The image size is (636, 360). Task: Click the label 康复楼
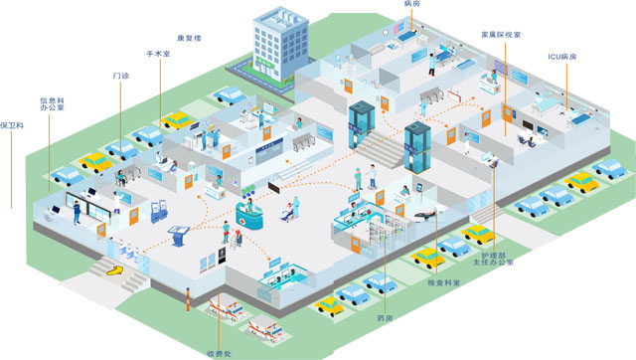[189, 38]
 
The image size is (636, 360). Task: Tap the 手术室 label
[158, 54]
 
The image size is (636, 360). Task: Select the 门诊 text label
[121, 76]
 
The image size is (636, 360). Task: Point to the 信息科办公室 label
[52, 103]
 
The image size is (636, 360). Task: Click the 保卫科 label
[12, 125]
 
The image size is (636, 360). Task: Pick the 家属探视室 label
[501, 35]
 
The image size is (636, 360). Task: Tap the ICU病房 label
[562, 57]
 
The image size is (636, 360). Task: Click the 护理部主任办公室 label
[493, 259]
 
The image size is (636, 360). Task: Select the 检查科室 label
[444, 282]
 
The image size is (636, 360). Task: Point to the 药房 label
[385, 318]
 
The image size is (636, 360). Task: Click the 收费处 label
[219, 354]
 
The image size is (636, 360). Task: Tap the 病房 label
[411, 4]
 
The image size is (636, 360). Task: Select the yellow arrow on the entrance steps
[115, 270]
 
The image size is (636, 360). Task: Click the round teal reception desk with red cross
[249, 216]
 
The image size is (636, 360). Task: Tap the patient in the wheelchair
[287, 213]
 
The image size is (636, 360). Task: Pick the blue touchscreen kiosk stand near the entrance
[179, 236]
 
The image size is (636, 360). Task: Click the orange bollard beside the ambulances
[188, 299]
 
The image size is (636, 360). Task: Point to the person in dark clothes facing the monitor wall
[77, 212]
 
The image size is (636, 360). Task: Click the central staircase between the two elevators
[380, 148]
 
